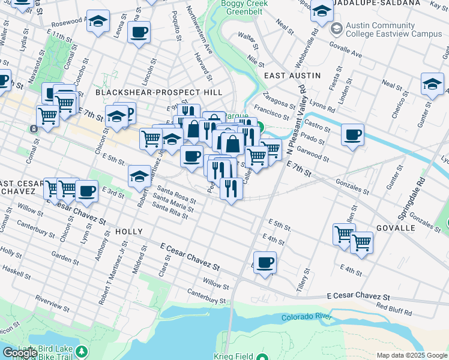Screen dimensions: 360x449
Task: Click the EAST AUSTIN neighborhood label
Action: pyautogui.click(x=292, y=76)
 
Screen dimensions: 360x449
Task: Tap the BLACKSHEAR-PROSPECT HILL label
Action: pyautogui.click(x=158, y=92)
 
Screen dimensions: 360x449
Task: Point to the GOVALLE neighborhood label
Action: pyautogui.click(x=396, y=229)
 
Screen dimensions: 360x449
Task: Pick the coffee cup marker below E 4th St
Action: pyautogui.click(x=265, y=262)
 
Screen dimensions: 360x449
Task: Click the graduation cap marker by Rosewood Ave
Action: pyautogui.click(x=98, y=22)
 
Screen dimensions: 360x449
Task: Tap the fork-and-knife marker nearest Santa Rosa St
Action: pyautogui.click(x=231, y=188)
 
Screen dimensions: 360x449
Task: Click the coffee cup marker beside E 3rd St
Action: pyautogui.click(x=86, y=190)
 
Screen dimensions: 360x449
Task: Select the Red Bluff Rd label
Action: pyautogui.click(x=394, y=308)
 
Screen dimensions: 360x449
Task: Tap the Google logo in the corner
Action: pyautogui.click(x=20, y=353)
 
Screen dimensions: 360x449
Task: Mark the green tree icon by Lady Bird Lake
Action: pyautogui.click(x=82, y=350)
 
